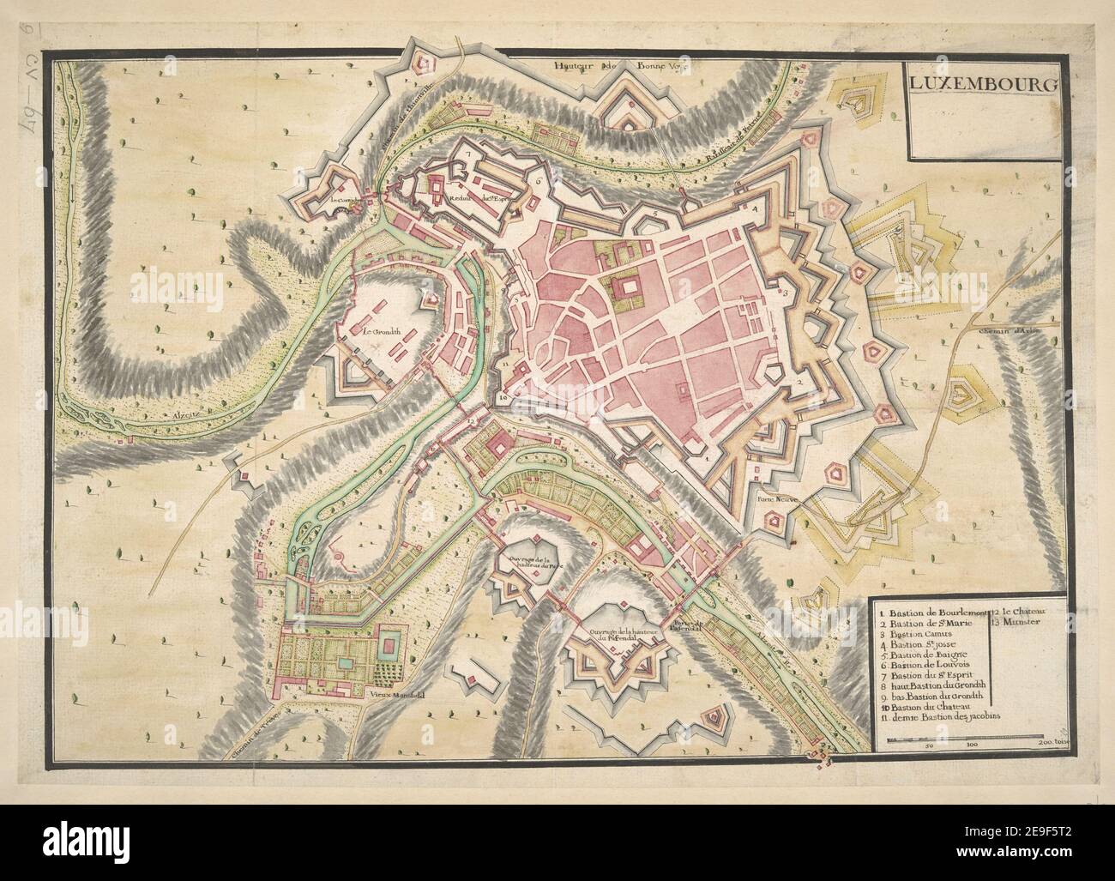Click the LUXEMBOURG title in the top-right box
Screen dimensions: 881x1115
coord(979,84)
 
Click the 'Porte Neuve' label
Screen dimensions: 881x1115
coord(773,496)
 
